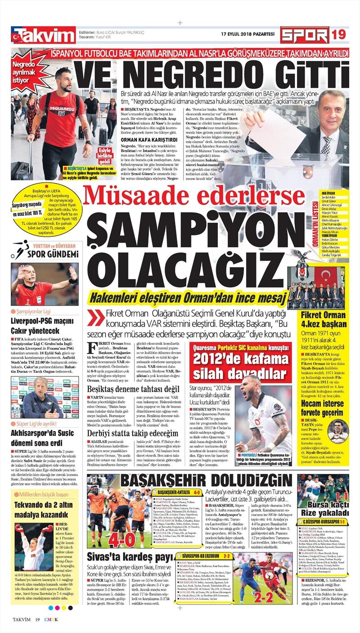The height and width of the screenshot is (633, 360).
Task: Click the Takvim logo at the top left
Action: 44,36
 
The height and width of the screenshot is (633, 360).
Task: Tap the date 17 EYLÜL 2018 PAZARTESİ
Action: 247,34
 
